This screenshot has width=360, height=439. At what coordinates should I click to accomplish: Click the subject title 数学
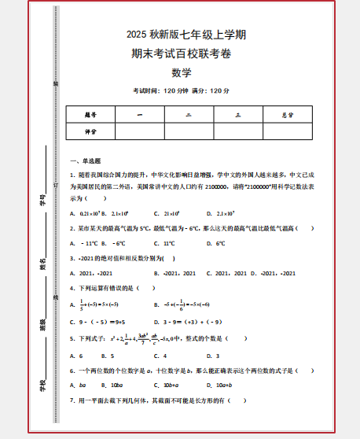(x=182, y=73)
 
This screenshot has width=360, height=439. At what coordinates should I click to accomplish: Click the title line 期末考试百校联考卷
(x=182, y=53)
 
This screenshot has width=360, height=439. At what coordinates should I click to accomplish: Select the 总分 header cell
(x=288, y=115)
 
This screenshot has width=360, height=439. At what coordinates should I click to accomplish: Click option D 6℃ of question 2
(x=217, y=243)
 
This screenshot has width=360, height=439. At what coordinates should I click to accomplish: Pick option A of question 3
(x=93, y=273)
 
